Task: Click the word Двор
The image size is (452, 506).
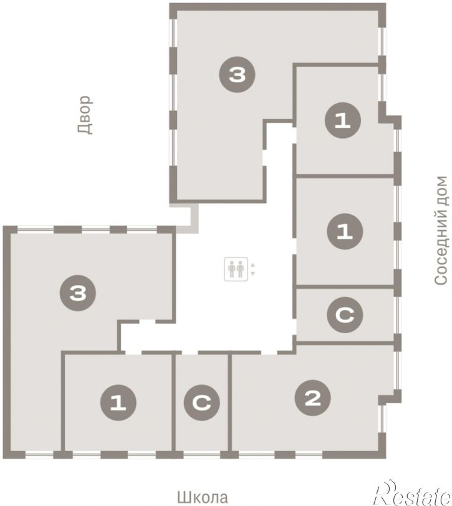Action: click(85, 115)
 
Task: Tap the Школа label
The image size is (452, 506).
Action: click(203, 497)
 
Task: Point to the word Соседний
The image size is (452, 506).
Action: click(441, 249)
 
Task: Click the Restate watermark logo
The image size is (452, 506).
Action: click(412, 494)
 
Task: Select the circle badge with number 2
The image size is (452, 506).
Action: click(313, 398)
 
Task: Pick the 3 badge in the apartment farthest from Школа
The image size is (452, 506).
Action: click(238, 74)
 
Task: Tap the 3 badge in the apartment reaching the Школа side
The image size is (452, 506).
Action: click(78, 293)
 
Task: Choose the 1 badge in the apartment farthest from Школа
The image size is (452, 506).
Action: click(343, 120)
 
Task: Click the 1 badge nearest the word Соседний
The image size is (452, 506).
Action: click(345, 231)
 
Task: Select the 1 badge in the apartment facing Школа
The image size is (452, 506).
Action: click(118, 402)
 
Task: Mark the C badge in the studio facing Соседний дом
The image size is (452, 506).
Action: click(345, 314)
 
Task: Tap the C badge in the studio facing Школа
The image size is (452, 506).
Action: click(202, 402)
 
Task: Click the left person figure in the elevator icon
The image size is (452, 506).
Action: click(232, 269)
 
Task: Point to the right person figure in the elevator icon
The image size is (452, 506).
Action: click(240, 269)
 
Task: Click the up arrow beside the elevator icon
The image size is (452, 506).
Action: click(252, 265)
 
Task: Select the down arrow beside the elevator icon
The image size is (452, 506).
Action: click(252, 273)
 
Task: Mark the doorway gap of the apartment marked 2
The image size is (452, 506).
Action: click(269, 353)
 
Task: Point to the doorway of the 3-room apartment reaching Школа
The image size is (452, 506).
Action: click(148, 321)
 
